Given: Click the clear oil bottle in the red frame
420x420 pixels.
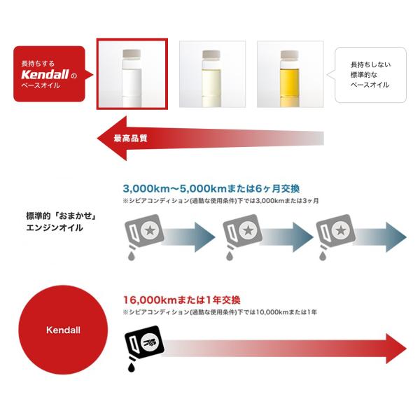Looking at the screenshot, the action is coord(132,78).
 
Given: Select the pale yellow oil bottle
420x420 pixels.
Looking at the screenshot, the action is coord(211,78).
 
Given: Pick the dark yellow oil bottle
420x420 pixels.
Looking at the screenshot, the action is coord(290,78).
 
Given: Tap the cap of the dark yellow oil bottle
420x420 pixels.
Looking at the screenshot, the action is coord(290,55).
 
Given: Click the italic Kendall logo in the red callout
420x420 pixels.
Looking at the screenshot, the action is coord(45,74).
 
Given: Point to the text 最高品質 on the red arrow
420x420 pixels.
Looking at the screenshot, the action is coord(130,138).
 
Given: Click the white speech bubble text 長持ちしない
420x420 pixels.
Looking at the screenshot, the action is coord(371,64).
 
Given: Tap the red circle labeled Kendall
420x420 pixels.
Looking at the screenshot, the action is coord(63,330).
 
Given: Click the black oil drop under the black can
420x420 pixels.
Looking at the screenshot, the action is coord(132,367).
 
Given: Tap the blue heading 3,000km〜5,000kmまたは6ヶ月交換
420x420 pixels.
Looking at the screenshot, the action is coord(211,188).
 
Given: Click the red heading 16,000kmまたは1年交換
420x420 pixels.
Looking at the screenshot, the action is coord(181,300).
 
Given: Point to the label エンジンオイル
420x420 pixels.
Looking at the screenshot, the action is coord(55,228).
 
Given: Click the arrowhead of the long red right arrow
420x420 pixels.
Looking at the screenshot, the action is coord(396,349).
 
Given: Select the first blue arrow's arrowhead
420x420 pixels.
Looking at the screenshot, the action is coord(204,237).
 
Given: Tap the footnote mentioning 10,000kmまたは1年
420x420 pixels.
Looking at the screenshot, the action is coord(220,312).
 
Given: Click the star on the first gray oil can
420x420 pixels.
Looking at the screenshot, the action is coord(150,230).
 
